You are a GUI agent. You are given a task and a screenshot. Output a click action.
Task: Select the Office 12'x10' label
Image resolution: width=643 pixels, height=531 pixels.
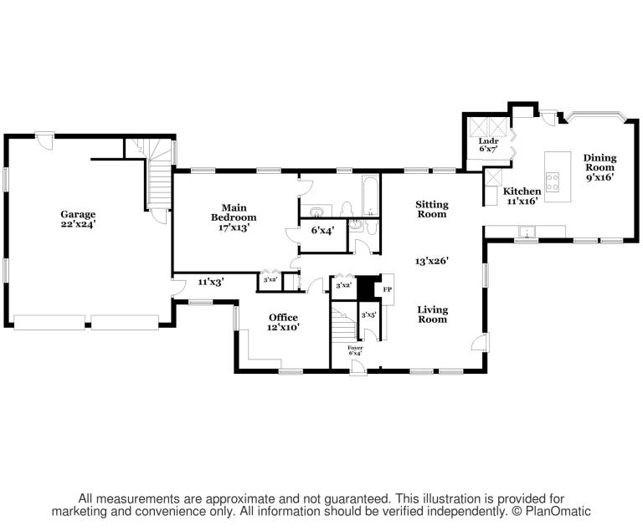tap(283, 322)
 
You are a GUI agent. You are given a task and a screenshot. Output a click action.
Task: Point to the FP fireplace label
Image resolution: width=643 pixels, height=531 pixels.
tap(388, 289)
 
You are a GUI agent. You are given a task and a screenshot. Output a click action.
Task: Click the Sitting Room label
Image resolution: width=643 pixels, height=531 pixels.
tap(432, 209)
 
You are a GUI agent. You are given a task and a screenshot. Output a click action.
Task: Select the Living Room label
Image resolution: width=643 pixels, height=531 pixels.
tap(433, 314)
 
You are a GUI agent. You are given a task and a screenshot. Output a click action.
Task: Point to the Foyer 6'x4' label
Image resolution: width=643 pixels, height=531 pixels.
tap(355, 350)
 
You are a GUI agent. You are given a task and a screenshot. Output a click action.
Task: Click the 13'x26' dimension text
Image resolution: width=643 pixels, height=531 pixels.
tap(432, 261)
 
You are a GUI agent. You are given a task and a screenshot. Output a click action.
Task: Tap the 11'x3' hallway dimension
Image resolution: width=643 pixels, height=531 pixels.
tap(210, 282)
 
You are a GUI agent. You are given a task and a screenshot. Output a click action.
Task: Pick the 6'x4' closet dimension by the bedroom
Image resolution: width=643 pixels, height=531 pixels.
tap(322, 230)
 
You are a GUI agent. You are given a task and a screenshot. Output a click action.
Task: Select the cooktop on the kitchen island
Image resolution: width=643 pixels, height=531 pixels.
tap(553, 182)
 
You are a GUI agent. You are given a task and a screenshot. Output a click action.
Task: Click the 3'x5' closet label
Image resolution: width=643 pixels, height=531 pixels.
tap(368, 315)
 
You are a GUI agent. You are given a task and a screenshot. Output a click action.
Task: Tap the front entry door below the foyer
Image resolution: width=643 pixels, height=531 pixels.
tap(358, 368)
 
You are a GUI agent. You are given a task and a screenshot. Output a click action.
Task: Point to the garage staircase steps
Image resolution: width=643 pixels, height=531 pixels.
tap(159, 184)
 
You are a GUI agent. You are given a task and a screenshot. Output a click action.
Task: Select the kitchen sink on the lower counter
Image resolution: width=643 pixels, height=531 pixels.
tap(526, 232)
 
